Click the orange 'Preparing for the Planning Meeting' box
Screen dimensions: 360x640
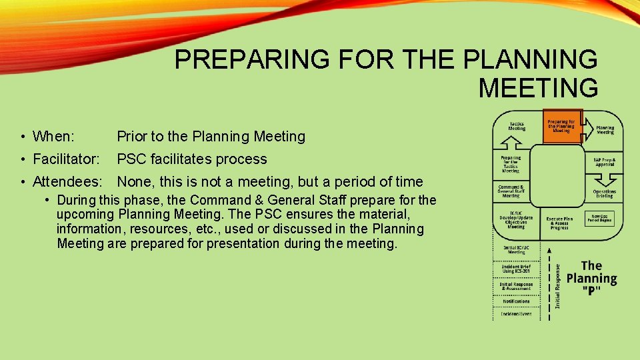(x=562, y=126)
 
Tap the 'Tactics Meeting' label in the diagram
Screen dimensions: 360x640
(x=517, y=127)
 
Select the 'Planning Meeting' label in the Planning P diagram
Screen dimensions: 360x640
(x=605, y=130)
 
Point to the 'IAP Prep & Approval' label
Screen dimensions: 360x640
(x=605, y=162)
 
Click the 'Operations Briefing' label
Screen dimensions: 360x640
(x=605, y=193)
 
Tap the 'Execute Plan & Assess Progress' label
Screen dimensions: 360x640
(x=559, y=223)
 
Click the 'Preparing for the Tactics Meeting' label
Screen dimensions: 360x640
(x=511, y=164)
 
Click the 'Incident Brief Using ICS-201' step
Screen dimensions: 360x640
(x=516, y=269)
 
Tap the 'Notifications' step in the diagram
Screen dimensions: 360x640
(x=516, y=301)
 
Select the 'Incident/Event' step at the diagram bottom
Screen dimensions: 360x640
(x=516, y=313)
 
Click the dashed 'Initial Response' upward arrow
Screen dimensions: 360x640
(x=549, y=280)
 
